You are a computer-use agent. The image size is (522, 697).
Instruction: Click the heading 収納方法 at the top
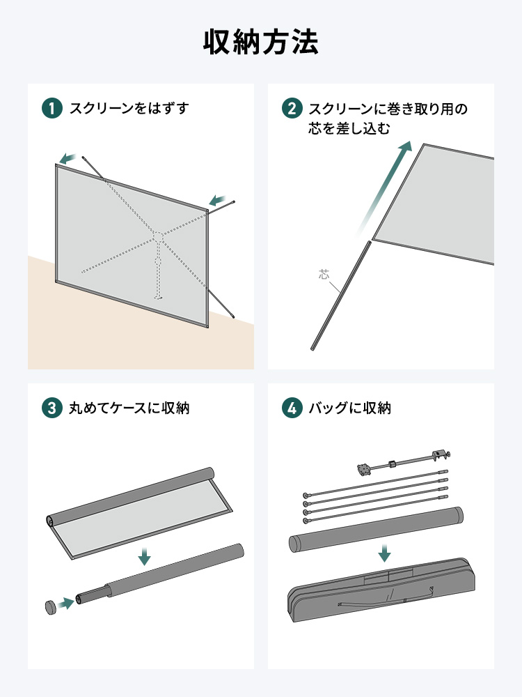(x=261, y=43)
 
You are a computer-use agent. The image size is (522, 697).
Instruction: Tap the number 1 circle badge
(x=52, y=109)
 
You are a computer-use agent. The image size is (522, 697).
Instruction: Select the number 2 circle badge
(x=292, y=109)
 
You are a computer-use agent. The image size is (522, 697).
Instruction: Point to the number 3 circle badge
(x=52, y=408)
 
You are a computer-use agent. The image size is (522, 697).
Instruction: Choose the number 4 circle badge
(x=292, y=408)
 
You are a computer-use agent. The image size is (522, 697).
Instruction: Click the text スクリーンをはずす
(x=129, y=109)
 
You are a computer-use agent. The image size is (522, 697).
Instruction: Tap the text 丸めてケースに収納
(x=129, y=408)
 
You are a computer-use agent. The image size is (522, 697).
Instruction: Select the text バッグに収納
(x=349, y=408)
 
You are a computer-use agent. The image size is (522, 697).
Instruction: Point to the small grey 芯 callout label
(x=324, y=274)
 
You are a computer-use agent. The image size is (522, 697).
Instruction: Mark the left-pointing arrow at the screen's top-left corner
(x=68, y=158)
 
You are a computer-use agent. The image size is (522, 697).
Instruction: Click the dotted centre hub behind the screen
(x=158, y=238)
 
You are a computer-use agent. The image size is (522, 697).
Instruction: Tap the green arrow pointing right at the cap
(x=66, y=602)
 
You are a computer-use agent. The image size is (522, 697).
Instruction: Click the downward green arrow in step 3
(x=144, y=556)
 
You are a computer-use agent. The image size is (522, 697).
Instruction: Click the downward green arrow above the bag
(x=384, y=553)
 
